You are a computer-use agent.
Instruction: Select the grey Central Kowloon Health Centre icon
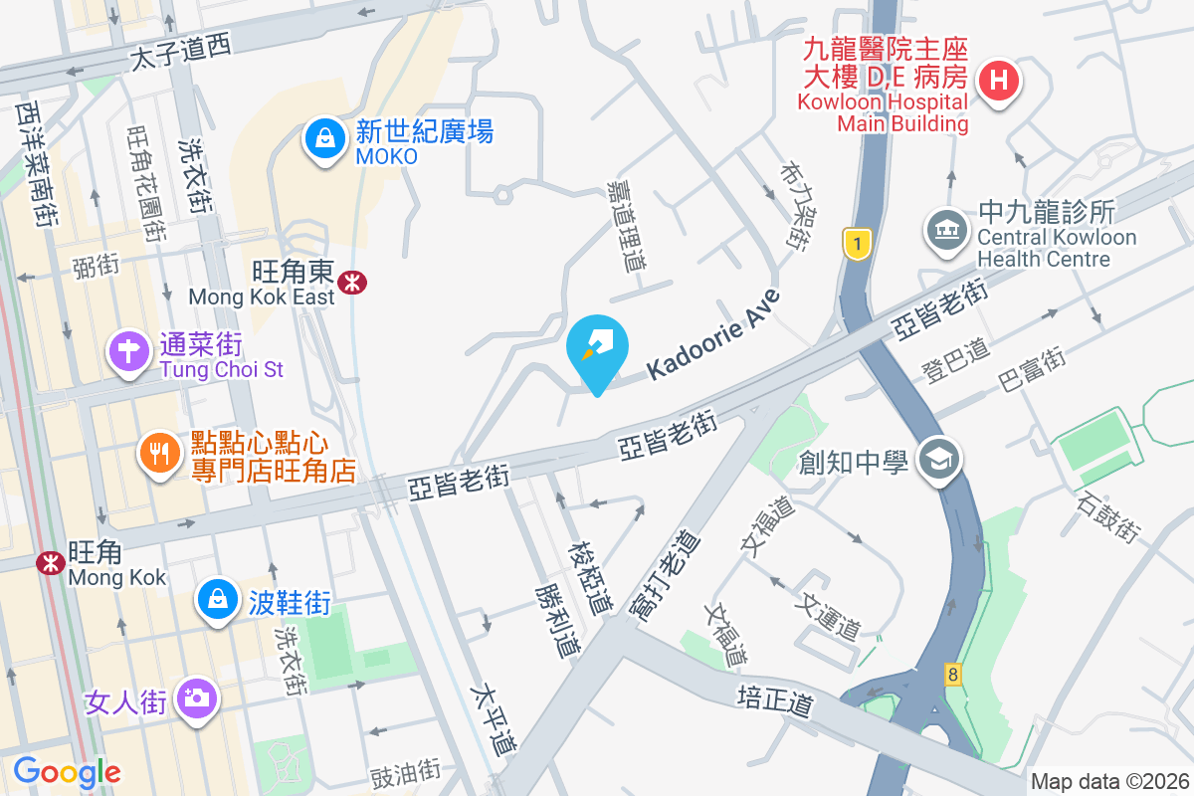tap(946, 230)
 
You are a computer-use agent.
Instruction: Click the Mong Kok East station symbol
tap(351, 283)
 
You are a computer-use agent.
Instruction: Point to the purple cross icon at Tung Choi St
tap(129, 351)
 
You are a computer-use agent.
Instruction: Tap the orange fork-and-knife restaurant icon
tap(159, 454)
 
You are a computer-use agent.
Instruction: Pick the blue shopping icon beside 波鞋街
tap(216, 598)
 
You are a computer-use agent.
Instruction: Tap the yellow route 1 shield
tap(854, 242)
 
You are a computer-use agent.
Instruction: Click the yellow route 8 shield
tap(953, 675)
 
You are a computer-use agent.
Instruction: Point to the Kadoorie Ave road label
tap(712, 335)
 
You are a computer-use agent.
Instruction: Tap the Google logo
tap(67, 771)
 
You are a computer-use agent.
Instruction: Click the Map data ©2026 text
tap(1109, 782)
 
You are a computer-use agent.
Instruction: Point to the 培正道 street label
tap(776, 700)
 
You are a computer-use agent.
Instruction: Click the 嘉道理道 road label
tap(629, 227)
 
